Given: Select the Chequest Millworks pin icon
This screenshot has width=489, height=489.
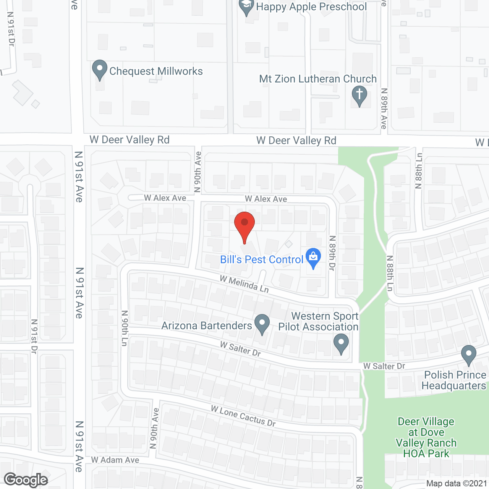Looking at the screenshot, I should tap(100, 70).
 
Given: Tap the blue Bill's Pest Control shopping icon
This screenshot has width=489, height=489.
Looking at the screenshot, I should tap(313, 257).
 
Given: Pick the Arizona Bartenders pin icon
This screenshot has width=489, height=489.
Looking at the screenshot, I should tap(262, 324).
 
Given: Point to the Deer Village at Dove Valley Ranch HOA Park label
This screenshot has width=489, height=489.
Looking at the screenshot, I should tap(426, 437).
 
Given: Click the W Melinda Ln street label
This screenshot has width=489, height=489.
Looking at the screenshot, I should tap(244, 284).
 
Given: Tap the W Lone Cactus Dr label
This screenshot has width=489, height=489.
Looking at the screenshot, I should tap(243, 416).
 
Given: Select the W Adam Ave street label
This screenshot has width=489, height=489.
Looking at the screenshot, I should tap(115, 460).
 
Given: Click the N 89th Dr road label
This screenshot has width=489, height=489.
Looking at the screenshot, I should tap(332, 253).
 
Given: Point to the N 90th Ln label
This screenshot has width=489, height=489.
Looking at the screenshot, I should tap(125, 328).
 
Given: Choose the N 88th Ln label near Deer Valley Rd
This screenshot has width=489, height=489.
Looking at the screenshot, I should tap(419, 171).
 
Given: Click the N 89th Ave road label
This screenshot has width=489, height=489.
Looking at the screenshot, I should tap(384, 108).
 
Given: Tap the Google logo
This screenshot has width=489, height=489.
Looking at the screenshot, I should tap(26, 480).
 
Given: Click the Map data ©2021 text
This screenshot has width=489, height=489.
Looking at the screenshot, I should tap(457, 483).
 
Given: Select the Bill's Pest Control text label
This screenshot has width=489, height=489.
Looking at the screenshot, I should tap(262, 260).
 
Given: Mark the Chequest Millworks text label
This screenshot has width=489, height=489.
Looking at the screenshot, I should tap(156, 71).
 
